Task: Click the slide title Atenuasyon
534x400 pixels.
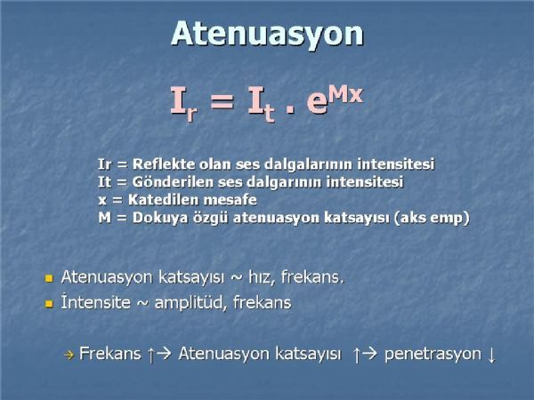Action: point(267,34)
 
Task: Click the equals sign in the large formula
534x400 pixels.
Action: point(222,100)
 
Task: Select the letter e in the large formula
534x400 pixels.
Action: point(317,102)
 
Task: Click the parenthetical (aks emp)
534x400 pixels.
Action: point(431,218)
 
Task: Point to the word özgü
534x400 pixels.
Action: point(210,218)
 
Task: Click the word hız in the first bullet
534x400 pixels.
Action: point(262,276)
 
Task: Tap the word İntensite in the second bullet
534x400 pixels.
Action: point(96,302)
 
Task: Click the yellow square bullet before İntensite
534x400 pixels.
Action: point(49,303)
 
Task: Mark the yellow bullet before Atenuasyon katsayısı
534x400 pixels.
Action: point(49,279)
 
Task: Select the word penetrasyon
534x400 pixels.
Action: point(433,354)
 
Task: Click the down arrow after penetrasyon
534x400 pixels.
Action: point(491,355)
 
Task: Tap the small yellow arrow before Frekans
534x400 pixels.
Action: point(69,356)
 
